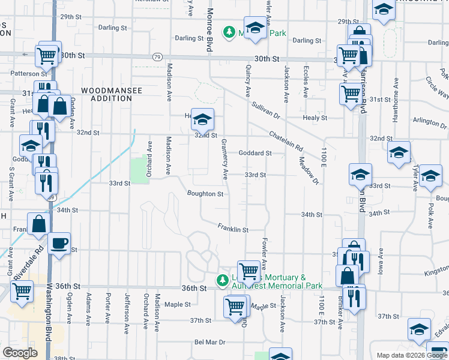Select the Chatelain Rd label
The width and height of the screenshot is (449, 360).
[286, 142]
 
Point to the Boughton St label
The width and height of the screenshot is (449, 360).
[205, 194]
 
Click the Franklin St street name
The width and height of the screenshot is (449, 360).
[233, 228]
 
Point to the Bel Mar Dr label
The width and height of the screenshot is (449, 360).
[209, 342]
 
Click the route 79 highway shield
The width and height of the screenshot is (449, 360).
[157, 57]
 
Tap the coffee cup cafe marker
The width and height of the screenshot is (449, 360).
[59, 244]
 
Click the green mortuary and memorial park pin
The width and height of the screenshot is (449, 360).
[221, 280]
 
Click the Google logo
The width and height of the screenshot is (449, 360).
[20, 353]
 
